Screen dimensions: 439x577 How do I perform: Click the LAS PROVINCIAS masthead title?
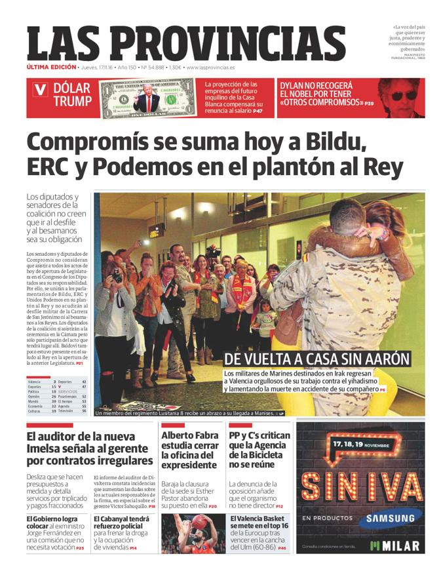point(186,43)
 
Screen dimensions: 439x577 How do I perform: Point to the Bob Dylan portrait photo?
point(401,97)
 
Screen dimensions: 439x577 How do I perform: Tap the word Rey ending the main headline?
point(383,168)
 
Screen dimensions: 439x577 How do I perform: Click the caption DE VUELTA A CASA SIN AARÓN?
point(316,359)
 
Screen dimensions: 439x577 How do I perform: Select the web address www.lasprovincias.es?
point(211,68)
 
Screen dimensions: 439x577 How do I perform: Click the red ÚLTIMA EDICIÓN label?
point(50,68)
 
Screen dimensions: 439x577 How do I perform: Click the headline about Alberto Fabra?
point(189,450)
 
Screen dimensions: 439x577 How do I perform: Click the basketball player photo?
point(193,533)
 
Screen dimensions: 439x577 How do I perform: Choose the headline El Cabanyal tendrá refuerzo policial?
point(123,522)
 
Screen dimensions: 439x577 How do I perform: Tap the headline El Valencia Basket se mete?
point(258,522)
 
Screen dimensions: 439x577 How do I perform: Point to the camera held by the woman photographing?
point(117,275)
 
